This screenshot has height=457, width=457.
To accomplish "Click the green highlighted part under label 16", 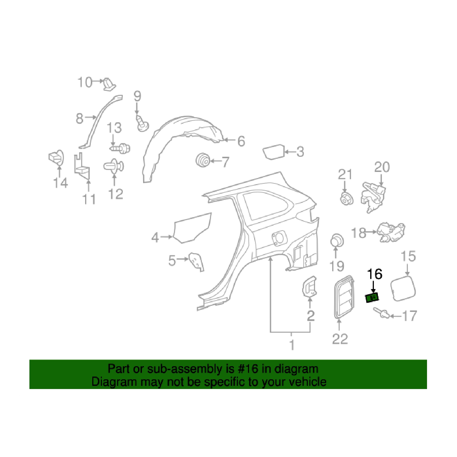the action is [x=372, y=298].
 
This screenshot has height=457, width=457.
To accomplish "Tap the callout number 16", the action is [x=374, y=274].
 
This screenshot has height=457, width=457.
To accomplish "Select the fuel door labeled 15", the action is [x=403, y=288].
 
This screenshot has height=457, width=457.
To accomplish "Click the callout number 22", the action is [x=340, y=339].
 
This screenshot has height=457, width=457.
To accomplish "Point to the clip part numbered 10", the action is [x=109, y=84].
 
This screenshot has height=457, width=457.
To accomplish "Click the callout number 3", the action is [x=300, y=152].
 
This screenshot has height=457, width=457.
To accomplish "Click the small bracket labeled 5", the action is [x=197, y=262].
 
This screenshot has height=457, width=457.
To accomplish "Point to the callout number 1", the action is [x=292, y=345].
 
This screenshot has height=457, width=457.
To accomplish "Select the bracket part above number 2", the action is [x=309, y=286].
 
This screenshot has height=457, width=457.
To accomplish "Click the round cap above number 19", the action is [x=337, y=240].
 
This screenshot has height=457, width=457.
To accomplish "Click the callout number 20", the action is [x=382, y=167].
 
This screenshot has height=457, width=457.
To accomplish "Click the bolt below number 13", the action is [x=120, y=149].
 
